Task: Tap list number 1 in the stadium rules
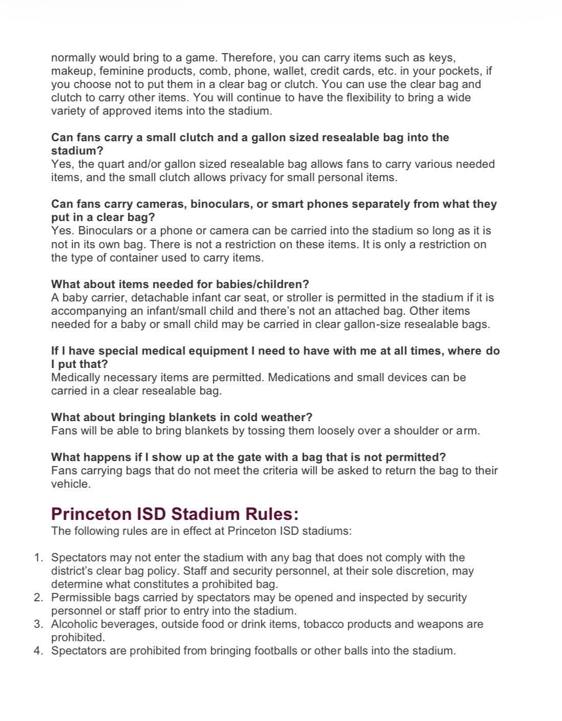pyautogui.click(x=38, y=557)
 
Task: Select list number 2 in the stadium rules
pyautogui.click(x=38, y=597)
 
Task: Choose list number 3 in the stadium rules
pyautogui.click(x=38, y=624)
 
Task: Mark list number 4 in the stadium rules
pyautogui.click(x=38, y=650)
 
